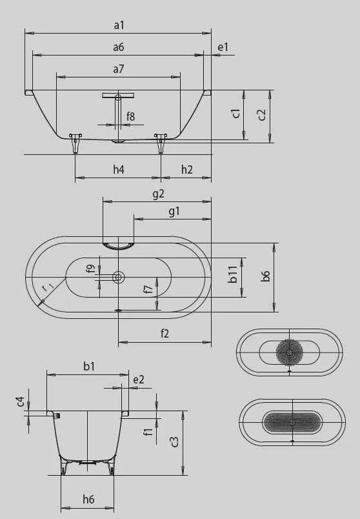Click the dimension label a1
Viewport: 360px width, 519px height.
pos(119,25)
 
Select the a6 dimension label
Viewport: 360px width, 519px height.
pos(119,47)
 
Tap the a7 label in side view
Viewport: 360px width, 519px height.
pos(119,68)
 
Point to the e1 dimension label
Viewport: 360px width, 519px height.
pos(223,47)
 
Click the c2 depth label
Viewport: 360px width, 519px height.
pos(261,114)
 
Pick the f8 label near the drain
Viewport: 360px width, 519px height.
pos(131,116)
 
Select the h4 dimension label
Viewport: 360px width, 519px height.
pos(119,170)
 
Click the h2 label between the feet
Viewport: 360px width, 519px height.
pos(186,170)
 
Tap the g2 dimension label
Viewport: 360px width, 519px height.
pos(158,193)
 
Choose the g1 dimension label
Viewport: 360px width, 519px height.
pos(174,211)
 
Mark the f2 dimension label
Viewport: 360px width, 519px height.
pos(165,333)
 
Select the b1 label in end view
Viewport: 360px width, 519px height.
pos(89,366)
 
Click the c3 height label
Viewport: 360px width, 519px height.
pos(174,442)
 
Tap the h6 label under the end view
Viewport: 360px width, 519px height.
pos(88,498)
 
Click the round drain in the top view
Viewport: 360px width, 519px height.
pos(119,277)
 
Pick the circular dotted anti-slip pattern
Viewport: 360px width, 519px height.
pos(289,352)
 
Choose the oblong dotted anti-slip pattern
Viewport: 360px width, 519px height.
pos(292,422)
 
